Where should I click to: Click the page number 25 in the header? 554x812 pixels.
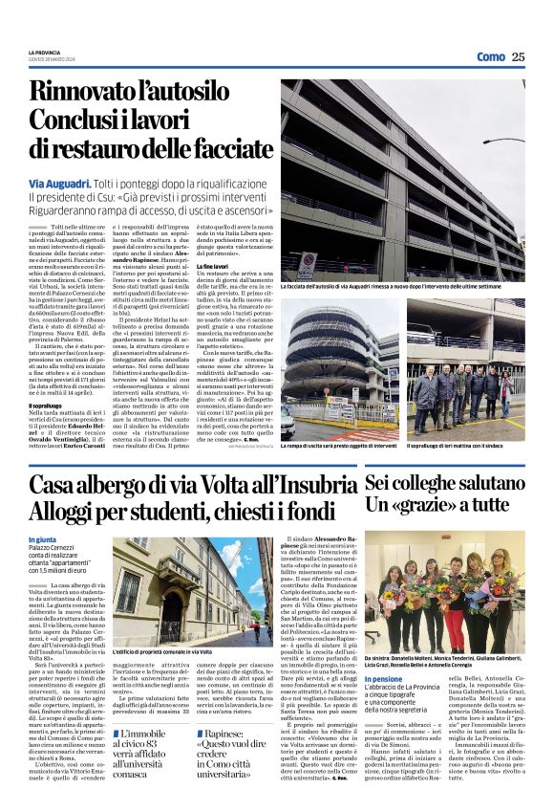[518, 56]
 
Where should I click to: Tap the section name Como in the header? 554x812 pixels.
[490, 56]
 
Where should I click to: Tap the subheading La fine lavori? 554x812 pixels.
[299, 265]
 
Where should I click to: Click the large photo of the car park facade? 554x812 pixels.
[402, 177]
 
